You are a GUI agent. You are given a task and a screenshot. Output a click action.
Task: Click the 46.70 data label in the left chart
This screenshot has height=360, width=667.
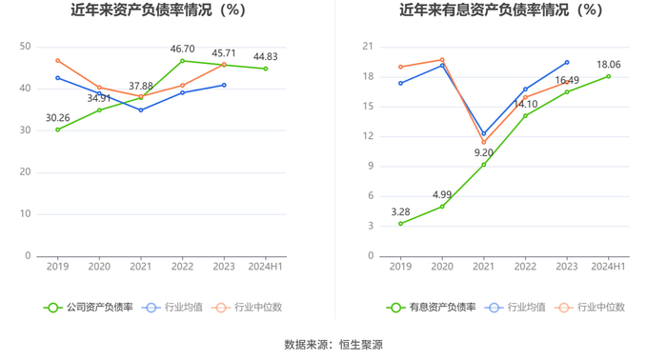point(183,49)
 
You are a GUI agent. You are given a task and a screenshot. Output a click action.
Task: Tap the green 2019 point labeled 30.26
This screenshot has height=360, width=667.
point(58,130)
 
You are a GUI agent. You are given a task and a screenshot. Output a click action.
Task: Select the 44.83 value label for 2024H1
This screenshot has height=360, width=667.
point(266,56)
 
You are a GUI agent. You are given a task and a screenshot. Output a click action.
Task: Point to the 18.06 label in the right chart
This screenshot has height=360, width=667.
point(609,65)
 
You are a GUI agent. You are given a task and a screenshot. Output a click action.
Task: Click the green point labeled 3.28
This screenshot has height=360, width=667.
point(401,224)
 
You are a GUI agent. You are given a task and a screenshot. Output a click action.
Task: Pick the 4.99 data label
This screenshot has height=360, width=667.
point(442,194)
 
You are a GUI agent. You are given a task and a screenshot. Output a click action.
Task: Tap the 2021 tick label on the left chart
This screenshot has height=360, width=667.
point(141,267)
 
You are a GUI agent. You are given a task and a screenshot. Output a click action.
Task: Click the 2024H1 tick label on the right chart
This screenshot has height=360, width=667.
point(608,267)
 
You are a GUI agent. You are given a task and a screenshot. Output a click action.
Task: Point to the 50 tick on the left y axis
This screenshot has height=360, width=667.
point(25,47)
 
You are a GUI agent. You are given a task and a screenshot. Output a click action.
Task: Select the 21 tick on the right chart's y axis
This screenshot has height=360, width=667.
point(368,47)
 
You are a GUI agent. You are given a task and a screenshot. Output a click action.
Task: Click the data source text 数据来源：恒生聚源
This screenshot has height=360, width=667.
point(333,345)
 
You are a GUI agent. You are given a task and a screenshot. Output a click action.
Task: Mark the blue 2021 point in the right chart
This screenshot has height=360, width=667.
point(484,133)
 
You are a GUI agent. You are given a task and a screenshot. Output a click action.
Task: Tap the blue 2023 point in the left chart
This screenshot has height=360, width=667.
point(224,85)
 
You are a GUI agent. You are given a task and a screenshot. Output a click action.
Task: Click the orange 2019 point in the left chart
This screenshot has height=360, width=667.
point(58,61)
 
